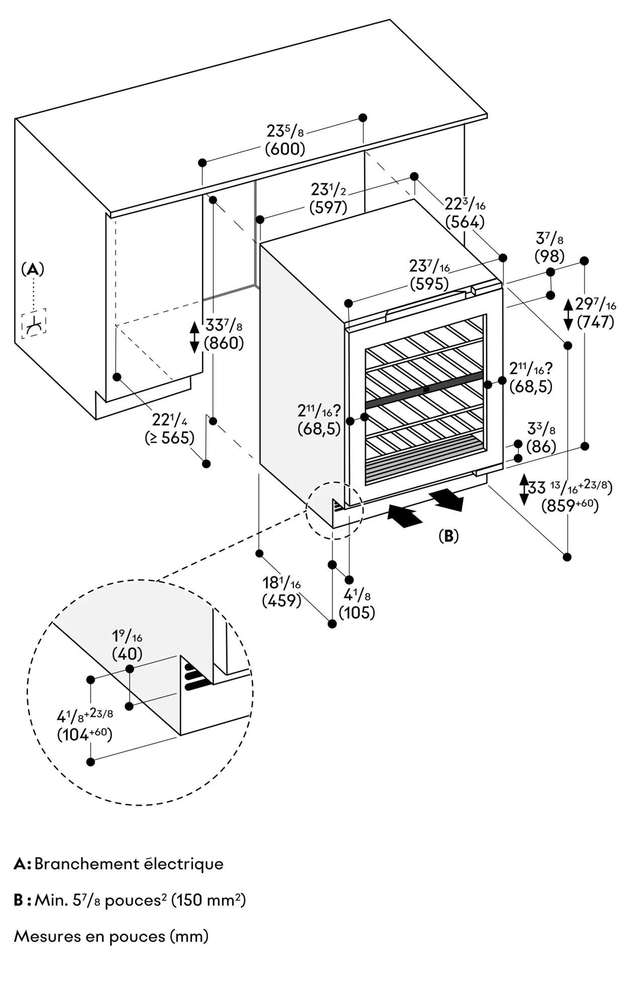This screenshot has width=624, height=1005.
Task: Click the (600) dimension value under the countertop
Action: (285, 149)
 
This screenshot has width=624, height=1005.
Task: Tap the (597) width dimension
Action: (328, 207)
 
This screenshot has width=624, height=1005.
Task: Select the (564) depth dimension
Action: (465, 222)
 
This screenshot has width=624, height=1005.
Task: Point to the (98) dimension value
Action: (549, 256)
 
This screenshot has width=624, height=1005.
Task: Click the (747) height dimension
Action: (595, 322)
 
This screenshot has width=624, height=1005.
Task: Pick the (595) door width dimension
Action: (429, 283)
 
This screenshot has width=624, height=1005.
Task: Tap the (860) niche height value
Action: (224, 343)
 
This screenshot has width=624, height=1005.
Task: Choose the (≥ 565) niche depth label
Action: (169, 438)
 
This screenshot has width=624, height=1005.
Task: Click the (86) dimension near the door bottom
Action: (541, 446)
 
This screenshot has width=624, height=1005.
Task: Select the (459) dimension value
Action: (281, 600)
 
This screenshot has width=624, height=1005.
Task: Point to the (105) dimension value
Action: (357, 613)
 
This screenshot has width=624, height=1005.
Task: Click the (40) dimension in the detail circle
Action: (127, 654)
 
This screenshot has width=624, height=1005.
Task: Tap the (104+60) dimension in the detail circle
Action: (84, 735)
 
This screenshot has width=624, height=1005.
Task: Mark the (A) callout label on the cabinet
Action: (33, 269)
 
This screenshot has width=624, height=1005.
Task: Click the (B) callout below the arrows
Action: (449, 536)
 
